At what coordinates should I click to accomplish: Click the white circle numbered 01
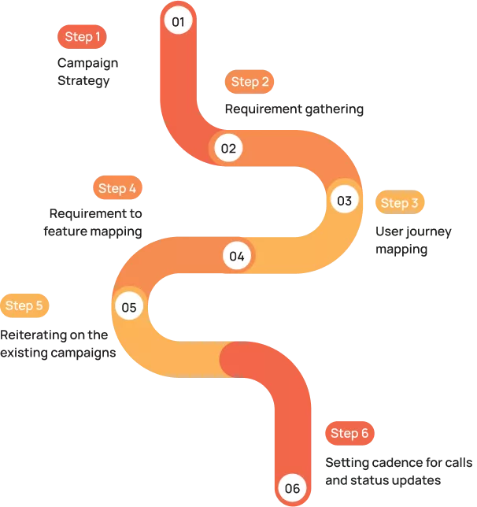pos(179,20)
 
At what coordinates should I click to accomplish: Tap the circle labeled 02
pos(228,148)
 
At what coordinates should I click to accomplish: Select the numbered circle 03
pos(344,200)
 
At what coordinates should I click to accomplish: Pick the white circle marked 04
pos(237,255)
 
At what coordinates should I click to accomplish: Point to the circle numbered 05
pos(129,307)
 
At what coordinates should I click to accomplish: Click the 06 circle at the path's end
pos(292,488)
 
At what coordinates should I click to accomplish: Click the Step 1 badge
pos(83,37)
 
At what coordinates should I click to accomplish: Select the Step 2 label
pos(250,82)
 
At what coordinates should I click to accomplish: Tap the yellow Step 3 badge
pos(399,203)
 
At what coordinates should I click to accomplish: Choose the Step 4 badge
pos(117,188)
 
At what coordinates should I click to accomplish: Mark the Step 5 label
pos(24,305)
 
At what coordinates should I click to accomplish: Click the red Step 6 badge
pos(349,433)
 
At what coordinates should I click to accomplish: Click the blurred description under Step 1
pos(87,70)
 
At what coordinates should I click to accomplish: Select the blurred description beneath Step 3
pos(412,241)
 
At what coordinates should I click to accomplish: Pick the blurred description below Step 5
pos(60,342)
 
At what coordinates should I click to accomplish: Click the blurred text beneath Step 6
pos(397,469)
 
